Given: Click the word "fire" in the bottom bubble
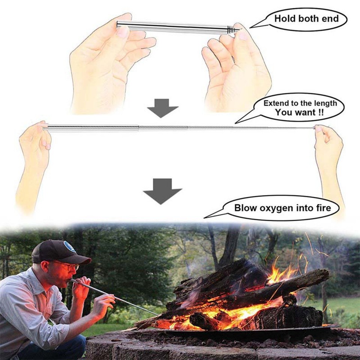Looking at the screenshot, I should coord(321,207).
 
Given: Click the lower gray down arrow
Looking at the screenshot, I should coord(162,191).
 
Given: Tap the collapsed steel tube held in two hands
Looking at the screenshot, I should coord(172,27).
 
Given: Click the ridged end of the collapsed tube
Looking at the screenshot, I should coord(232,29).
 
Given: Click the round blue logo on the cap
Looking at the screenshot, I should coord(69,247).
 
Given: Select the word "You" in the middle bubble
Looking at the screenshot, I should coord(284,112).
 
